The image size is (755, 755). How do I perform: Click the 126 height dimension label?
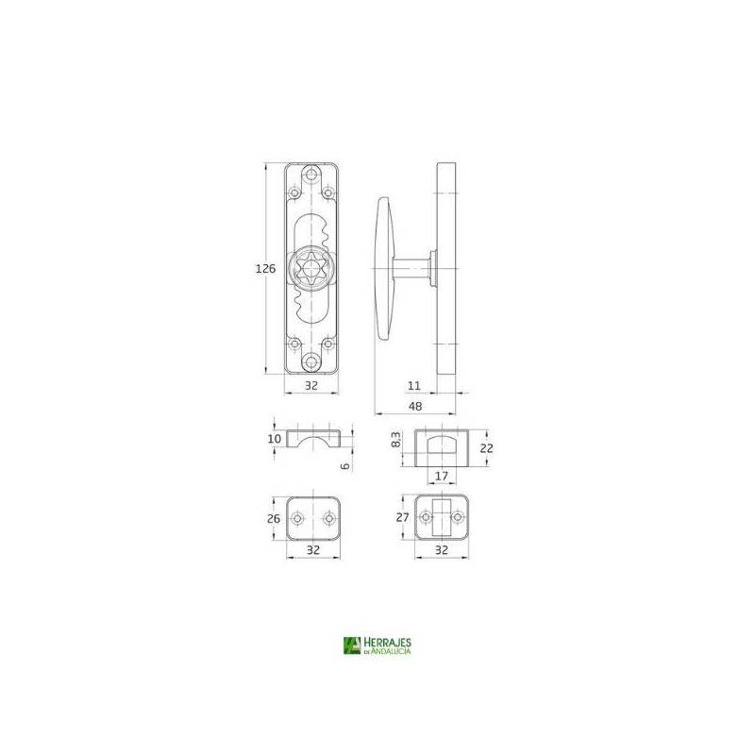click(x=266, y=269)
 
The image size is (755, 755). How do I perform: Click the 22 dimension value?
click(x=486, y=449)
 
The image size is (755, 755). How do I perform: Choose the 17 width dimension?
click(x=442, y=476)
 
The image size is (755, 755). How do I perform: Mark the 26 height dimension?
click(x=273, y=519)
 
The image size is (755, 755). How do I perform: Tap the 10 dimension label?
click(x=274, y=439)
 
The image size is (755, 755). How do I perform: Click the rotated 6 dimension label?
click(x=346, y=464)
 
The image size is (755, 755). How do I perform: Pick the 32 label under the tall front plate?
click(x=311, y=386)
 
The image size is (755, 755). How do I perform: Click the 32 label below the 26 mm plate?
click(x=311, y=548)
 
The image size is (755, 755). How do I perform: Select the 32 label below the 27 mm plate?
click(x=442, y=548)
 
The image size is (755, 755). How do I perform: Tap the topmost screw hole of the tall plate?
click(x=311, y=175)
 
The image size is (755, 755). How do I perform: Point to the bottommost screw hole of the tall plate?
click(x=311, y=361)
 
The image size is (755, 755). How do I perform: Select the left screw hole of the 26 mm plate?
click(x=296, y=518)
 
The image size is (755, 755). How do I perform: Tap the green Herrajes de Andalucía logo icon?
click(x=352, y=646)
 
